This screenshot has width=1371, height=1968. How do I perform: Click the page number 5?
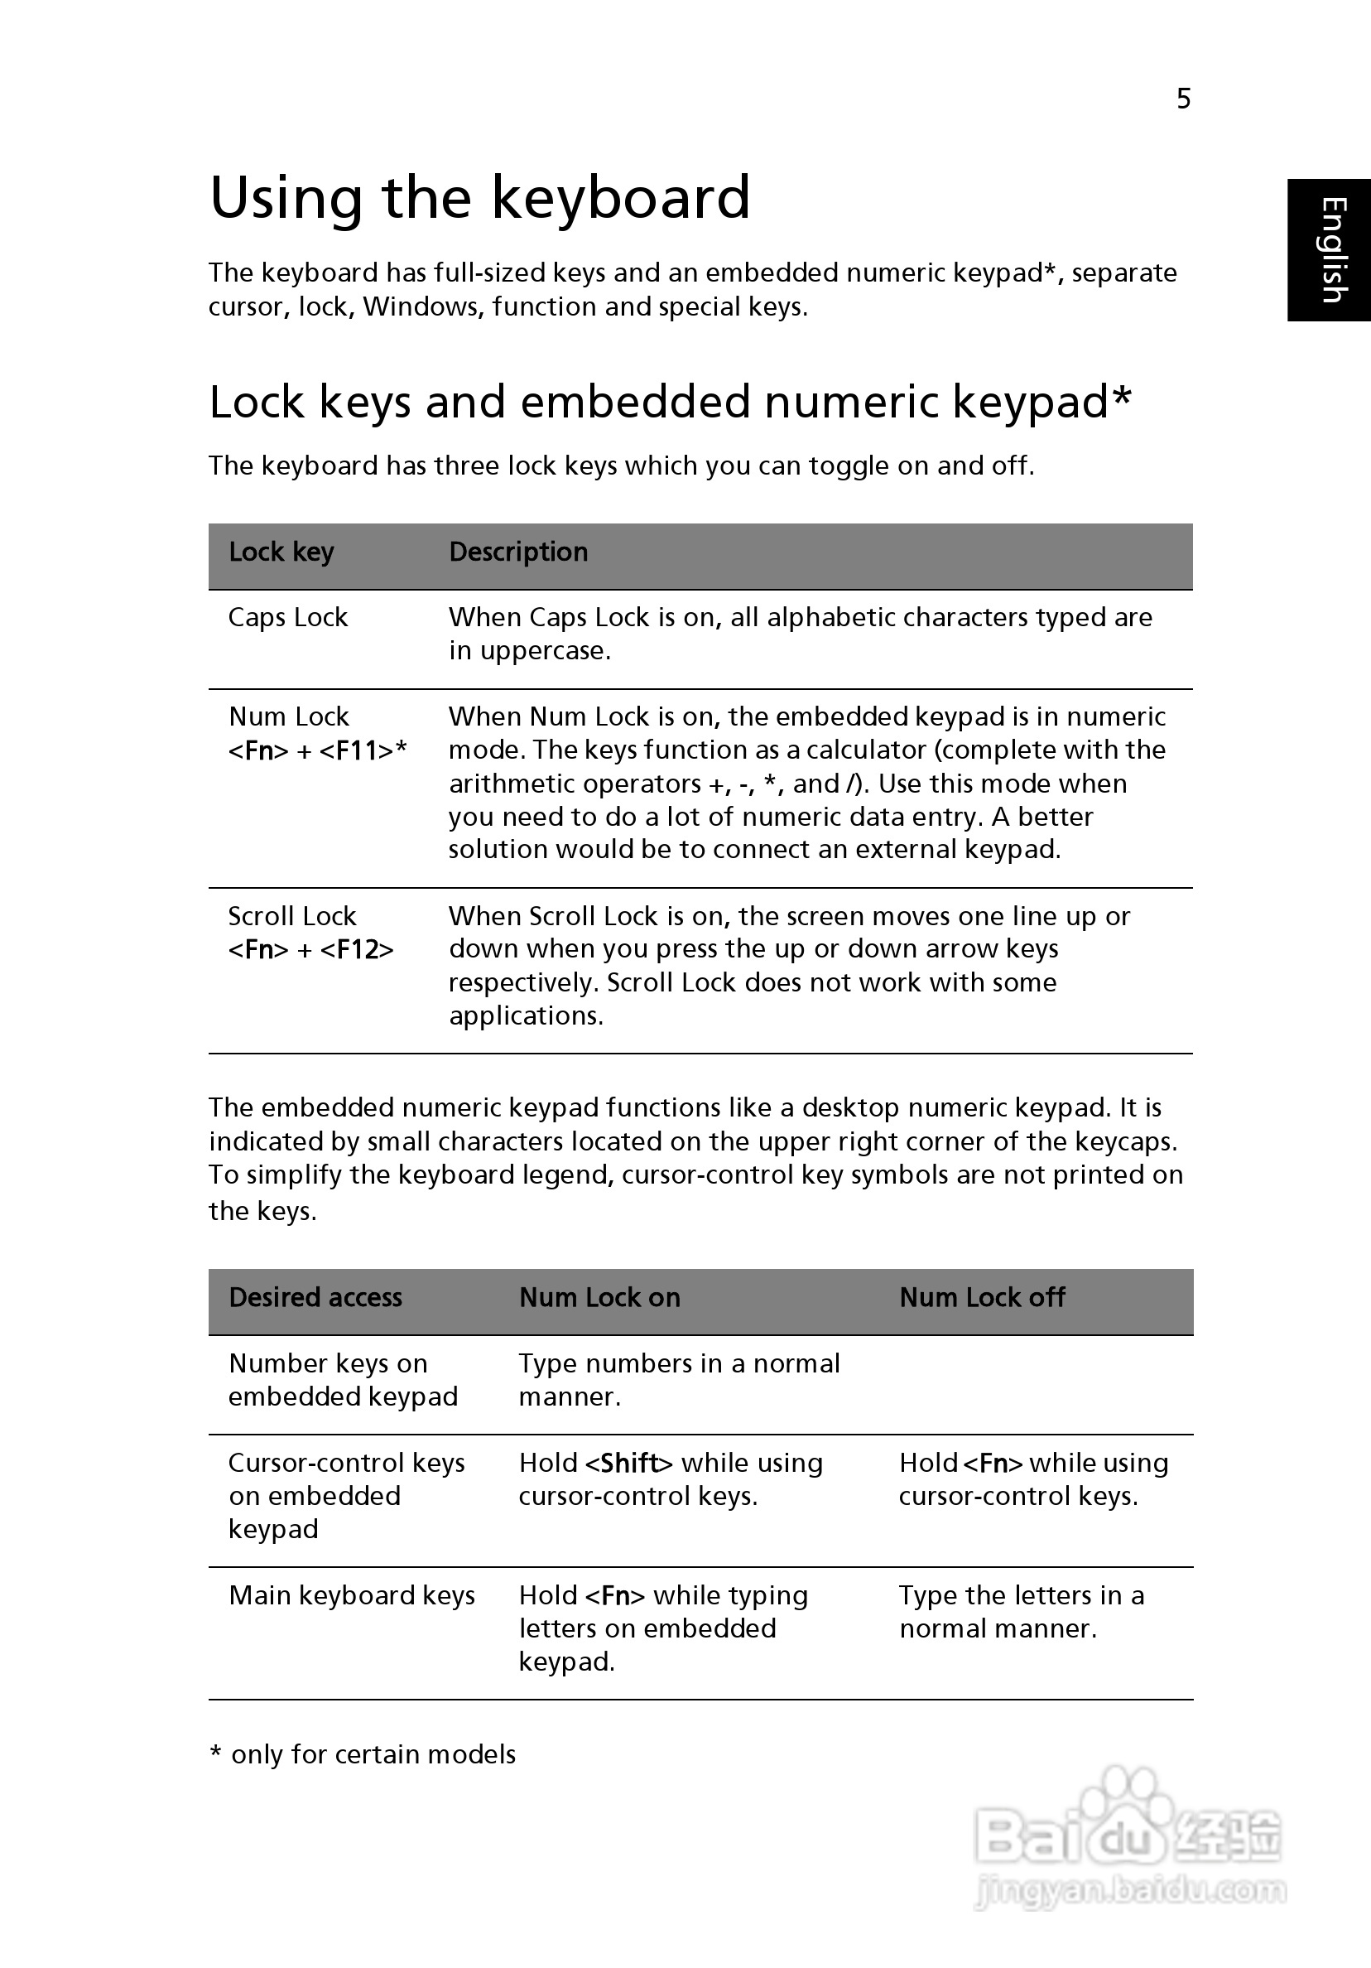coord(1183,99)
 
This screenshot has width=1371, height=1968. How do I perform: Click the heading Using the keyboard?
coord(480,198)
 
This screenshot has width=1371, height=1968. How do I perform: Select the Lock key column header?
coord(281,552)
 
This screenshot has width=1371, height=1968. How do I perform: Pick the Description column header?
coord(518,552)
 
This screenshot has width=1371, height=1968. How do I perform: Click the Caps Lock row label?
coord(288,617)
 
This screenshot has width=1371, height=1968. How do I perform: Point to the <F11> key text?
coord(357,751)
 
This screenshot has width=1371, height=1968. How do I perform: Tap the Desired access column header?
coord(315,1298)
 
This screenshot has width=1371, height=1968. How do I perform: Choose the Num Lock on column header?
coord(599,1298)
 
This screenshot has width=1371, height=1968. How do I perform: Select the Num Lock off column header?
coord(982,1298)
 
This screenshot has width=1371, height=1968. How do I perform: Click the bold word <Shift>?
coord(629,1463)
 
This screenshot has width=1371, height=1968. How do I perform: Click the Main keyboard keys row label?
coord(351,1595)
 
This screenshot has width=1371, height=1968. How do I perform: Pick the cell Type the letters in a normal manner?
coord(1020,1612)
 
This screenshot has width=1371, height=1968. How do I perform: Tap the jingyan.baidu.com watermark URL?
coord(1131,1890)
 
